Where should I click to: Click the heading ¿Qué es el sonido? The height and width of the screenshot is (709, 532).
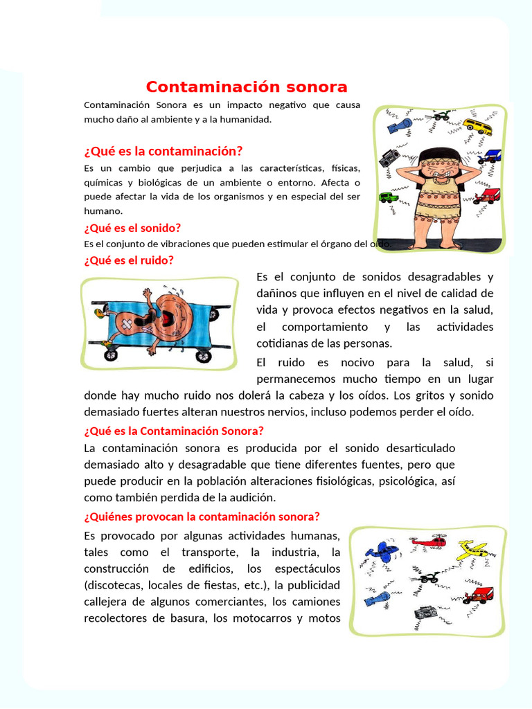point(132,228)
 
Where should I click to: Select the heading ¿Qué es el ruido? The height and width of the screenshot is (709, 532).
point(128,260)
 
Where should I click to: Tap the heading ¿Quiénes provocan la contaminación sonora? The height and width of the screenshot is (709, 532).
point(202,517)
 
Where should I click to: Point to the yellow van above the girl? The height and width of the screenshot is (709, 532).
point(477,126)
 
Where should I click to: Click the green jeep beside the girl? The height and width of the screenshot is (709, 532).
point(388,197)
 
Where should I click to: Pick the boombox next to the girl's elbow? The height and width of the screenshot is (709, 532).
point(389,158)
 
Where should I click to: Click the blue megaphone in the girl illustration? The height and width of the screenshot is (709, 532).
point(400,125)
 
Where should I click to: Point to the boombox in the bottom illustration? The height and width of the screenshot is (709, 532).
point(425,613)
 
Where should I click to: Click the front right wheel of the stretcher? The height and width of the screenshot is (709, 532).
point(203,356)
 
